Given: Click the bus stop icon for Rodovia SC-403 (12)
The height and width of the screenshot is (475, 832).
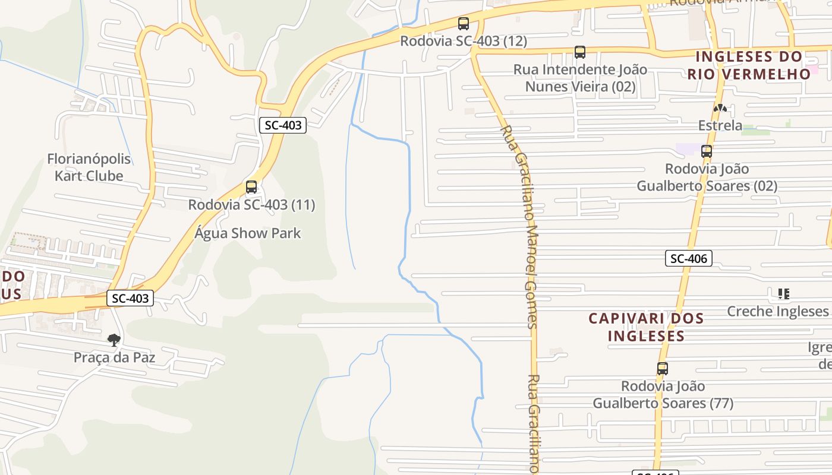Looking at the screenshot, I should pyautogui.click(x=464, y=24).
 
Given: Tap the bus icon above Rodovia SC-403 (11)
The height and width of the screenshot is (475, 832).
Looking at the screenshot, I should pyautogui.click(x=251, y=187).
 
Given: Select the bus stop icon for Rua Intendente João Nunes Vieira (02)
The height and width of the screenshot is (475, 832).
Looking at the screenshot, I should pyautogui.click(x=579, y=52).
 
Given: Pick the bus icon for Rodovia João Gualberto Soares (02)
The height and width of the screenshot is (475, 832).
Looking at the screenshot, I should pyautogui.click(x=707, y=151).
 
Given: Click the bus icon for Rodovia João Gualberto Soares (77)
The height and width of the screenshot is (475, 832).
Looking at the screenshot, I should pyautogui.click(x=663, y=368).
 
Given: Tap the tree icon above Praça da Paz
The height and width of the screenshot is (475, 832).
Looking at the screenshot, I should pyautogui.click(x=114, y=340).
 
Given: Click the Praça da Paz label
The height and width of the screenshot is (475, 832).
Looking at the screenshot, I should pyautogui.click(x=114, y=357).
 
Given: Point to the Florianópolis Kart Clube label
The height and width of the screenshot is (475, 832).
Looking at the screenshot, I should pyautogui.click(x=89, y=167).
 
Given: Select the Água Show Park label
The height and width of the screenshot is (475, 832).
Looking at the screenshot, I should pyautogui.click(x=247, y=233).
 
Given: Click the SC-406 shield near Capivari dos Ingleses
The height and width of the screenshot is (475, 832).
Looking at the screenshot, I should pyautogui.click(x=688, y=258).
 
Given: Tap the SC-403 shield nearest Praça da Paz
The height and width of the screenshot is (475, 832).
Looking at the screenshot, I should pyautogui.click(x=130, y=298).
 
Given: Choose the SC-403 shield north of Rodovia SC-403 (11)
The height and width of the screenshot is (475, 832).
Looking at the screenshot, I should pyautogui.click(x=283, y=125).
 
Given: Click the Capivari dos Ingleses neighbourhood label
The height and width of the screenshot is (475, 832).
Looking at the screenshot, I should pyautogui.click(x=646, y=327).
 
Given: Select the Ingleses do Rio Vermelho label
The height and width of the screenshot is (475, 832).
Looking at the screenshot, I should pyautogui.click(x=749, y=65).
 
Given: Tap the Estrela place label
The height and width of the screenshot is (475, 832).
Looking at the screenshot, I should pyautogui.click(x=720, y=125).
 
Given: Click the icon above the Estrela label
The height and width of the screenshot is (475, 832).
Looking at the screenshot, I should pyautogui.click(x=720, y=108).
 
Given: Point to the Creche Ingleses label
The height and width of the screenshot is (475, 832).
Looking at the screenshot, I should pyautogui.click(x=778, y=311).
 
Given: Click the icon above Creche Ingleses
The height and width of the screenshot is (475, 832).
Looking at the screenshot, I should pyautogui.click(x=783, y=293).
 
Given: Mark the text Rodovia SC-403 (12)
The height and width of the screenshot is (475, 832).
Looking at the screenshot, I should pyautogui.click(x=464, y=41).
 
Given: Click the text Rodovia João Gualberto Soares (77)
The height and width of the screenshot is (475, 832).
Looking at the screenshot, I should pyautogui.click(x=663, y=395).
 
